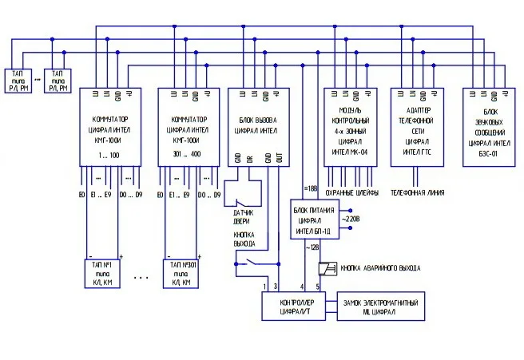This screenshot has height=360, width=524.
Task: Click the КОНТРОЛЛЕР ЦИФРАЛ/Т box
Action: pyautogui.click(x=296, y=307)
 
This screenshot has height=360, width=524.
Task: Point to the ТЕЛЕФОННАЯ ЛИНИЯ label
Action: pyautogui.click(x=416, y=193)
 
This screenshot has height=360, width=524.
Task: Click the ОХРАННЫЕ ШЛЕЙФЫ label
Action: pyautogui.click(x=351, y=193)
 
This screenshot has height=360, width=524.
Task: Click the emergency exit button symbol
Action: pyautogui.click(x=326, y=268)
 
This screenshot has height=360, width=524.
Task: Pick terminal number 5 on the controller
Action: pyautogui.click(x=317, y=285)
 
